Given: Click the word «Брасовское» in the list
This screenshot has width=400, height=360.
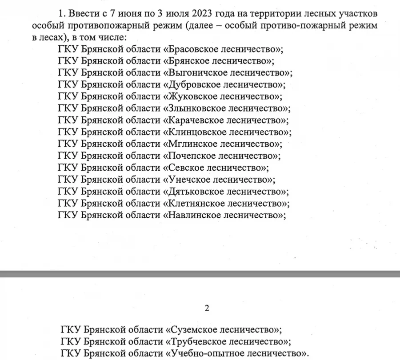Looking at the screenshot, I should [x=193, y=48].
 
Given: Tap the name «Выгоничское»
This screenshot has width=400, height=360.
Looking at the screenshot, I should [x=197, y=72].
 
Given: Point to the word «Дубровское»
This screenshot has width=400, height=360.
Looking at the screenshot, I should [x=194, y=84].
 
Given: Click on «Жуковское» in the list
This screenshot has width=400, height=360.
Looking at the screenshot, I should [x=192, y=96].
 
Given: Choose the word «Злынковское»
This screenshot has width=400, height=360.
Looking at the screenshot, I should [x=196, y=108].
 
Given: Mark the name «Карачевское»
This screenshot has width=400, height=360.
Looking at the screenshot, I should [x=195, y=120].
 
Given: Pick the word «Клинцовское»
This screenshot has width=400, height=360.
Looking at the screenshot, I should [x=196, y=132].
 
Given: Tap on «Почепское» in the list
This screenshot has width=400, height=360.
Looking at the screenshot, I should [x=192, y=156].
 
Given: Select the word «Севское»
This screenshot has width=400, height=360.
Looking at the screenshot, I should [x=185, y=168].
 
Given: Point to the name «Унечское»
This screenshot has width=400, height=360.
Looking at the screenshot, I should [x=189, y=180].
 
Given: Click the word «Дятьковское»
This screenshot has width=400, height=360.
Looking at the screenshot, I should [x=196, y=192].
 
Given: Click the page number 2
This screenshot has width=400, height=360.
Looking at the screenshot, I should [x=206, y=308].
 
